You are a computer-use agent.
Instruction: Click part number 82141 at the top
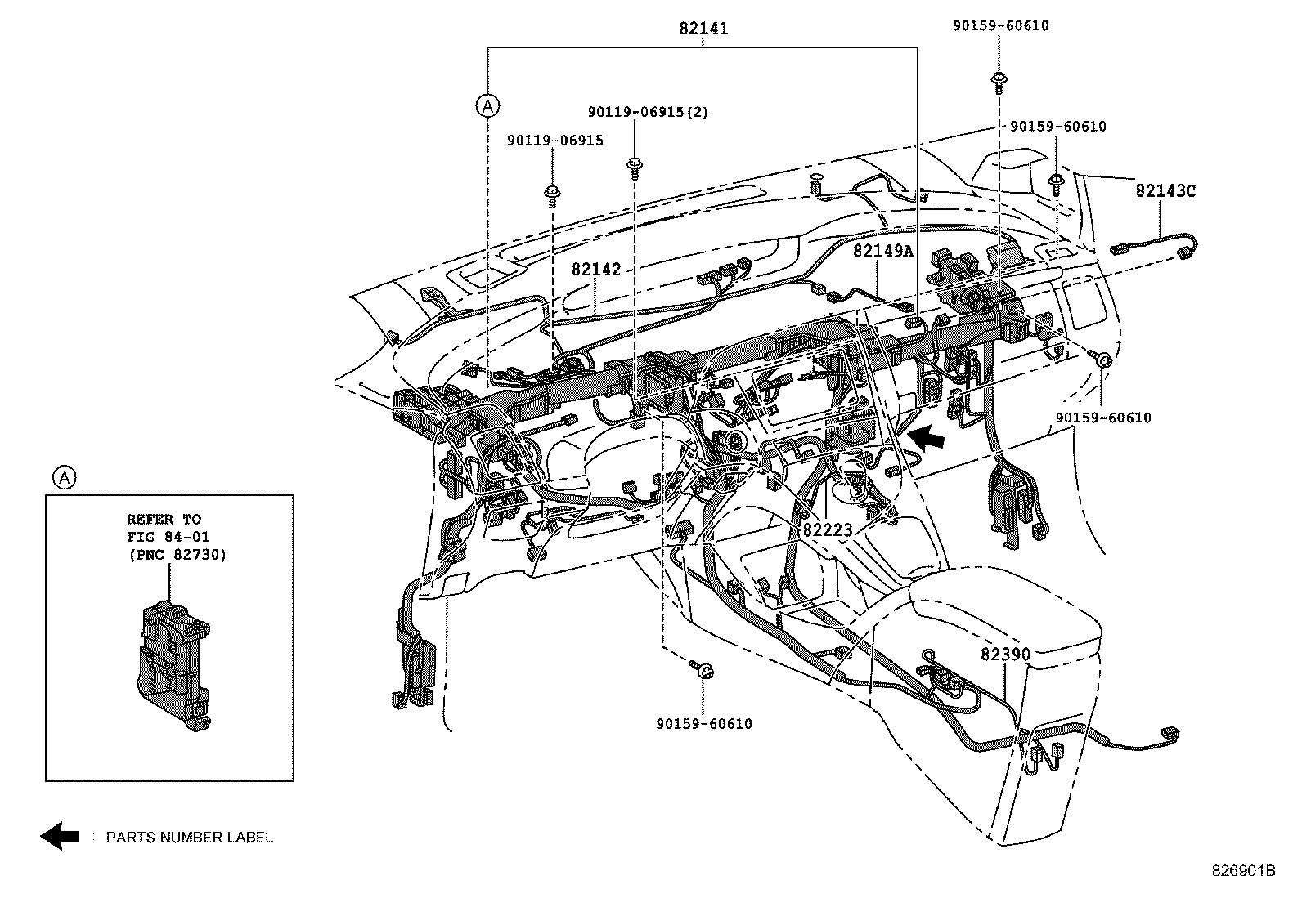click(703, 29)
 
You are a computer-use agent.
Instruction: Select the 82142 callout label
click(595, 269)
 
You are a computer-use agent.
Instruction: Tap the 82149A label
click(882, 251)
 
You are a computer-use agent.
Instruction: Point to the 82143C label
click(1165, 190)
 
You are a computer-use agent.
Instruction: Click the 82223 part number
click(827, 529)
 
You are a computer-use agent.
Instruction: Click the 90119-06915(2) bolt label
click(648, 112)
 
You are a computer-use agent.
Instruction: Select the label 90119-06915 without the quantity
click(554, 141)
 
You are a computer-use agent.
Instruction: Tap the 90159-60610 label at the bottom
click(703, 724)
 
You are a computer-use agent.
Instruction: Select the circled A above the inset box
click(63, 477)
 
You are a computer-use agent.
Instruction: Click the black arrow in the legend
click(60, 836)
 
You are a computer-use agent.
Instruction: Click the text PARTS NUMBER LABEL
click(189, 837)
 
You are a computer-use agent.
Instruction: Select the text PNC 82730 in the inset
click(177, 554)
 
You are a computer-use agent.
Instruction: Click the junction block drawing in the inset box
click(172, 666)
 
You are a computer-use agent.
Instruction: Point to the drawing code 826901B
click(1243, 871)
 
